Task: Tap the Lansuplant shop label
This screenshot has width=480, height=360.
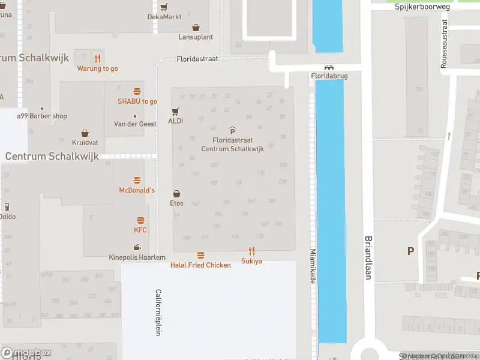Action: [196, 37]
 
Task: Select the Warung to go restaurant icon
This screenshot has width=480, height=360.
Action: [97, 58]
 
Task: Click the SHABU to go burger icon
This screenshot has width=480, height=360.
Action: [137, 91]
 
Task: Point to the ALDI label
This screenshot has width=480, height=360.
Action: [175, 121]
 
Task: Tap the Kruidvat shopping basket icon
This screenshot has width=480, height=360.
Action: [85, 133]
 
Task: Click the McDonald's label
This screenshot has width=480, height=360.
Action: [137, 190]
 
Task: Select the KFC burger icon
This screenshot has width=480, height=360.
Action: [140, 220]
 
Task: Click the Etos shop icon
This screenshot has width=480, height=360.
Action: [176, 194]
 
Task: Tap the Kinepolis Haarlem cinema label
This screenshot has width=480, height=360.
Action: [137, 257]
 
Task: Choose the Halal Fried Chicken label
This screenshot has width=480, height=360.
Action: [200, 265]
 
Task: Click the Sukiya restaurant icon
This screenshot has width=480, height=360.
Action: [251, 251]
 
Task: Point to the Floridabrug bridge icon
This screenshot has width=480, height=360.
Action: [328, 68]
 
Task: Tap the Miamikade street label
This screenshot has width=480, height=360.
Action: [313, 267]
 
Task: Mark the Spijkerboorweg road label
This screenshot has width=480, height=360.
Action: [422, 7]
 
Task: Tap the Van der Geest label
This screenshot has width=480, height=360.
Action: [135, 124]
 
